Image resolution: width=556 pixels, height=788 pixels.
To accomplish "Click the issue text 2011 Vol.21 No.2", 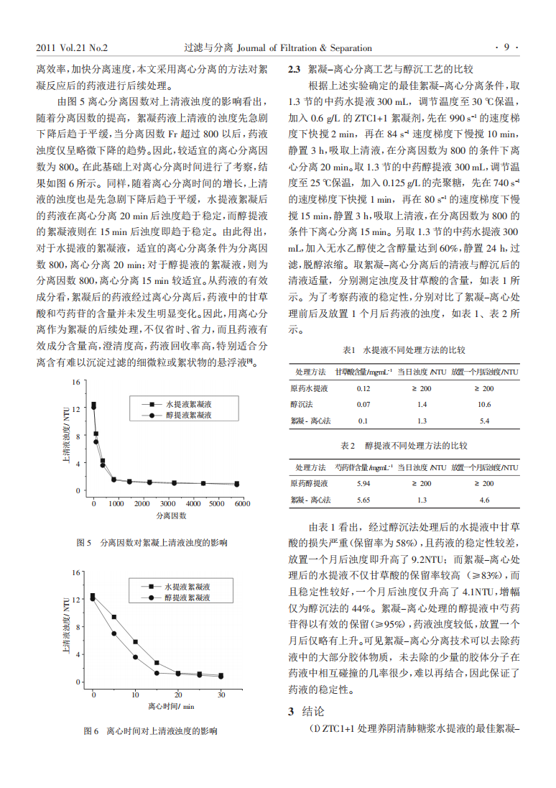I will click(x=72, y=48).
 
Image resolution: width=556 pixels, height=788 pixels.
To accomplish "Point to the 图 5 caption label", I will click(x=84, y=542).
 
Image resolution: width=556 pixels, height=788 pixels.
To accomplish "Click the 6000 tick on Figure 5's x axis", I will click(x=241, y=503).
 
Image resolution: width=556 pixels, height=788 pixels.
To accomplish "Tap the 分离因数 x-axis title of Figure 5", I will click(x=171, y=516).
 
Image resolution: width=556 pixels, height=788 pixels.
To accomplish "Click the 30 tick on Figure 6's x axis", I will click(x=221, y=695).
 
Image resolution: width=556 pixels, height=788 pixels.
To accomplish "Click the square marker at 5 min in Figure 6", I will click(x=114, y=617).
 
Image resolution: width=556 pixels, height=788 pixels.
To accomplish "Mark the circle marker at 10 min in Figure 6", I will click(x=135, y=657).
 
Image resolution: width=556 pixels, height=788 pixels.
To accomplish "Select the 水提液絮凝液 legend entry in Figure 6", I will click(x=187, y=587).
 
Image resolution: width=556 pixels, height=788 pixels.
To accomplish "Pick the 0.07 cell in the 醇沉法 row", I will click(x=363, y=404).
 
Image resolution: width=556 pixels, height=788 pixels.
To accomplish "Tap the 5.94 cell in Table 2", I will click(x=363, y=483).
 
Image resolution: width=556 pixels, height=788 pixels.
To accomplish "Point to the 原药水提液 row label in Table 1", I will click(x=309, y=388).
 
